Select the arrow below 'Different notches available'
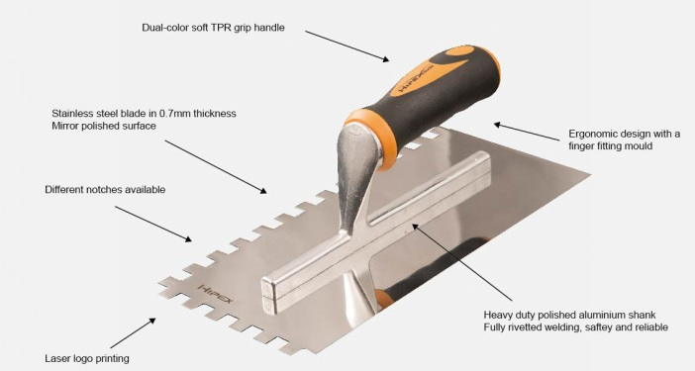[153, 224]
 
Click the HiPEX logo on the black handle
[408, 96]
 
